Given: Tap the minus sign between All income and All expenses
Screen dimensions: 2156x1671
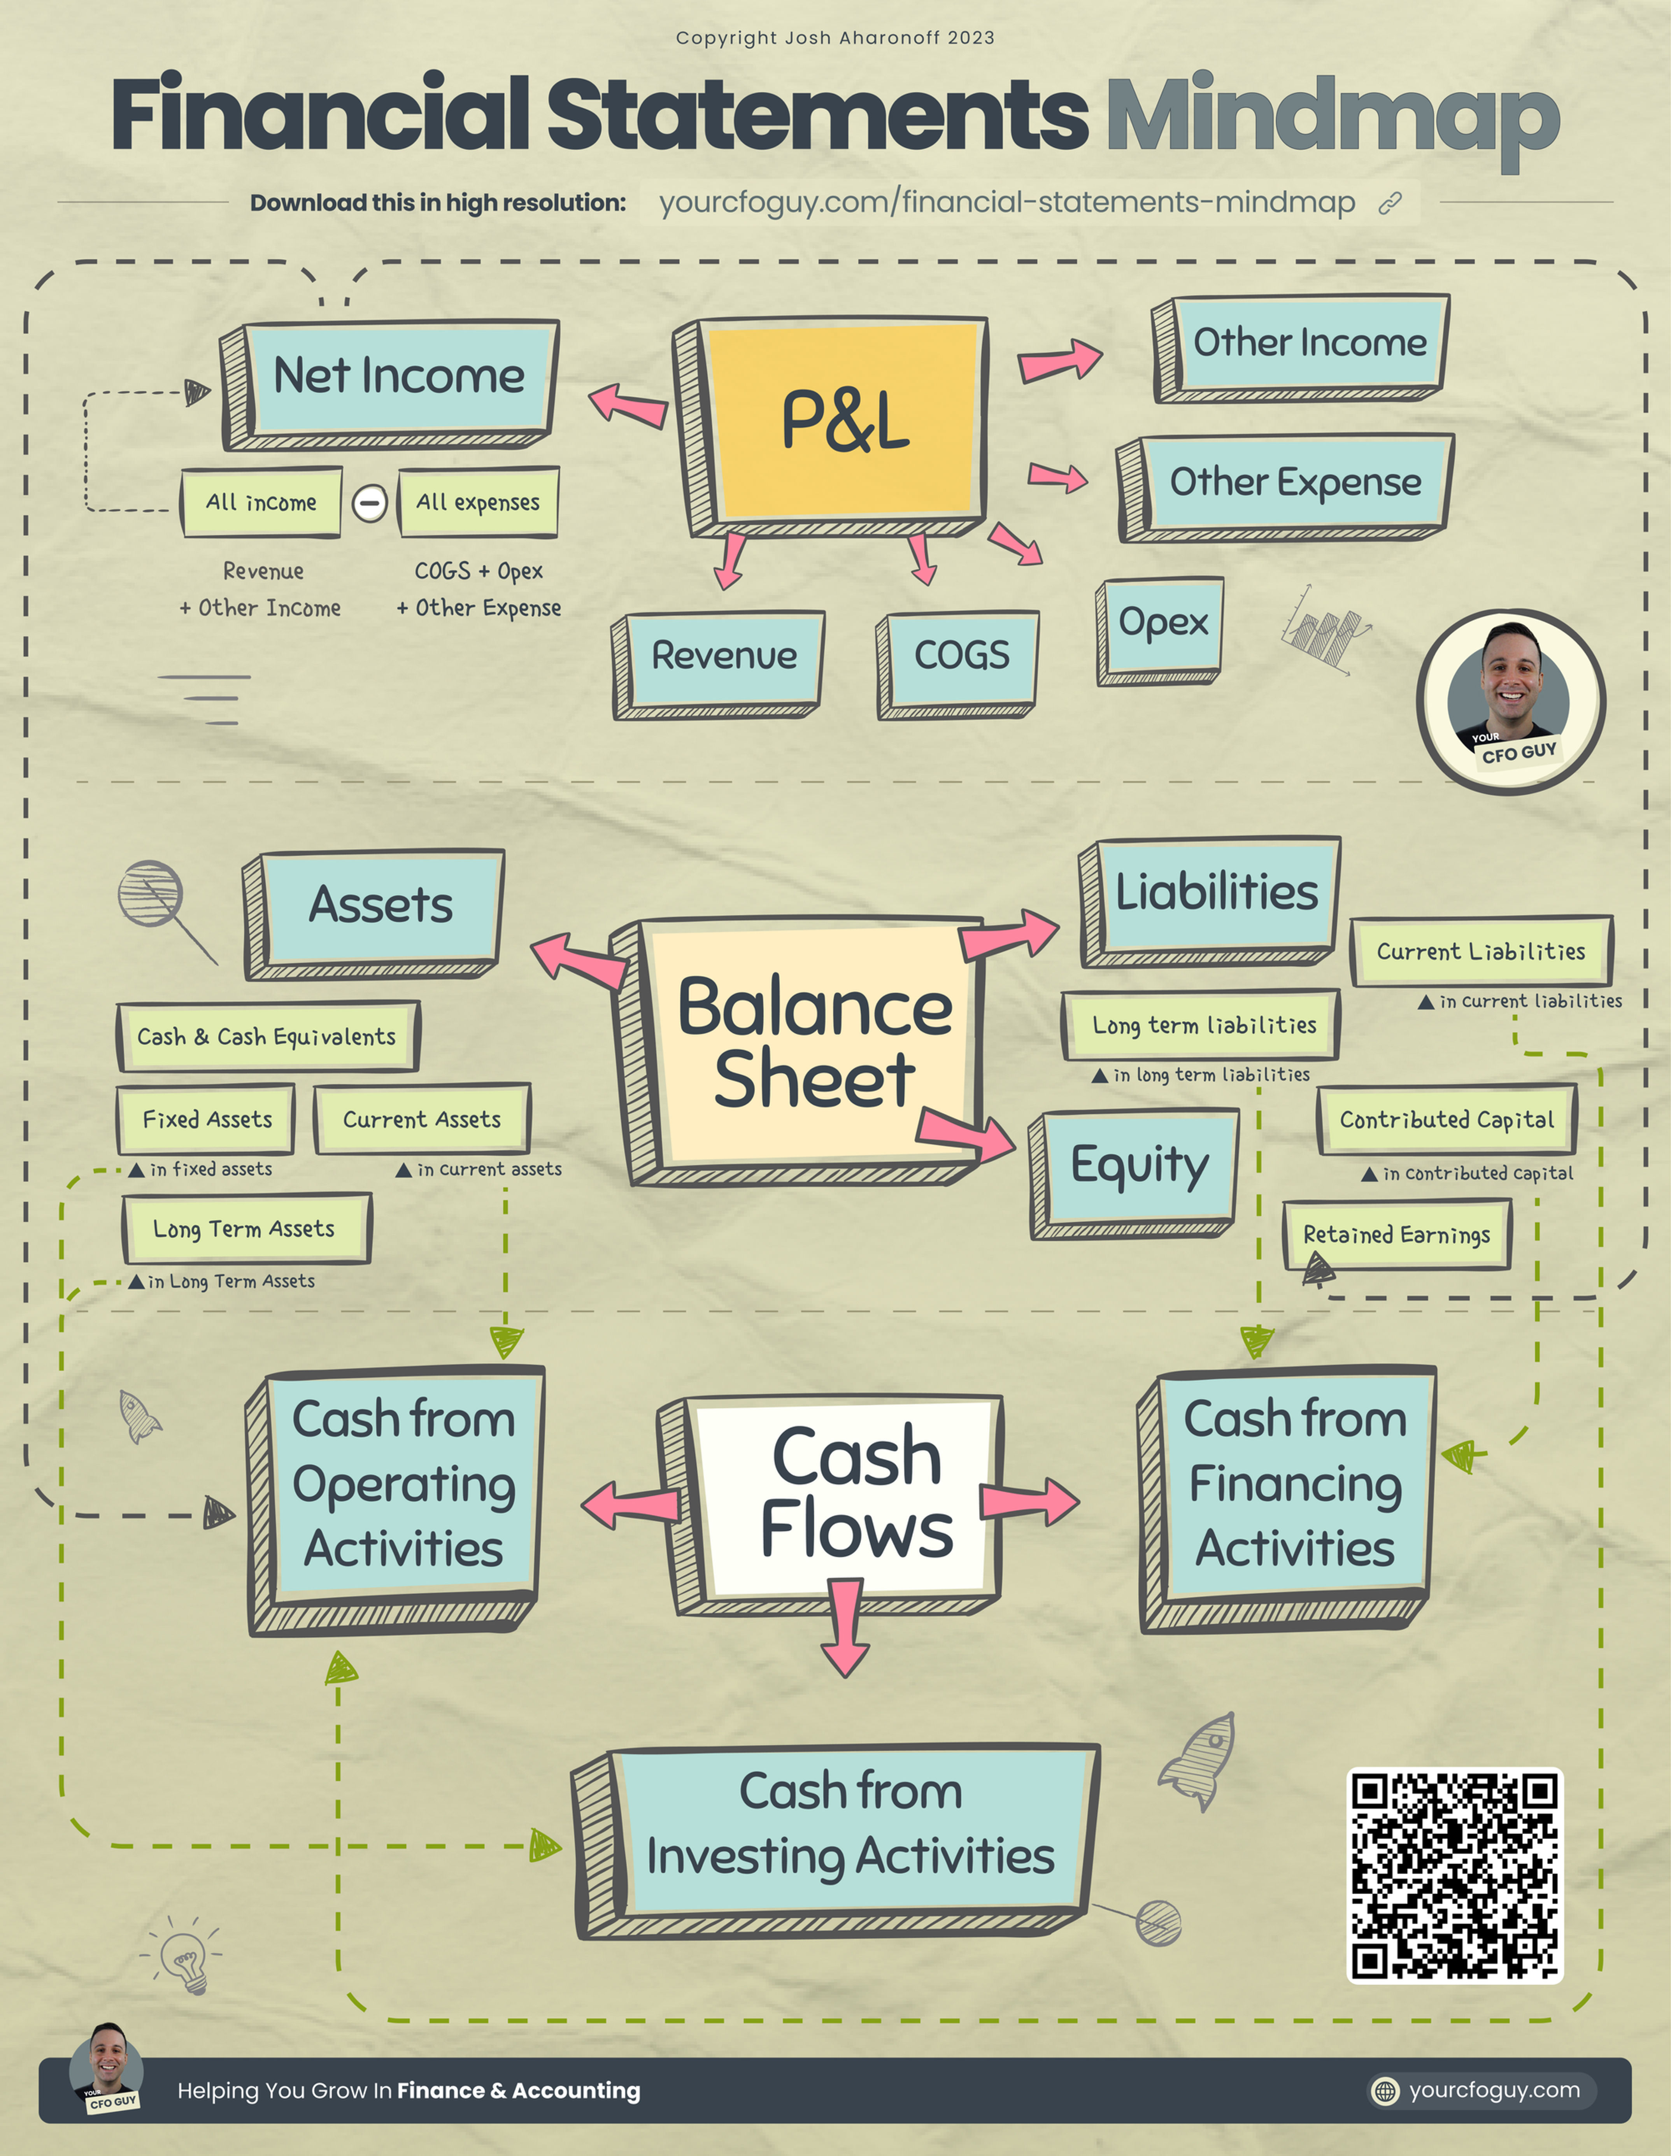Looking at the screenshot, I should tap(370, 503).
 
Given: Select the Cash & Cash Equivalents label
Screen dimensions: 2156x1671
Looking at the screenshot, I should tap(267, 1037).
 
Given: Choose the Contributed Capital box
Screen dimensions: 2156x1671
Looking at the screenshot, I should tap(1446, 1119).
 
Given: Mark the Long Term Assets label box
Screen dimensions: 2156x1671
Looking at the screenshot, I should tap(245, 1229).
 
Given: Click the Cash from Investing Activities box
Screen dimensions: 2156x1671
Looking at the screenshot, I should tap(849, 1826).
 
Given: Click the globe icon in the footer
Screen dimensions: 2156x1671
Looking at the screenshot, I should tap(1386, 2091).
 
